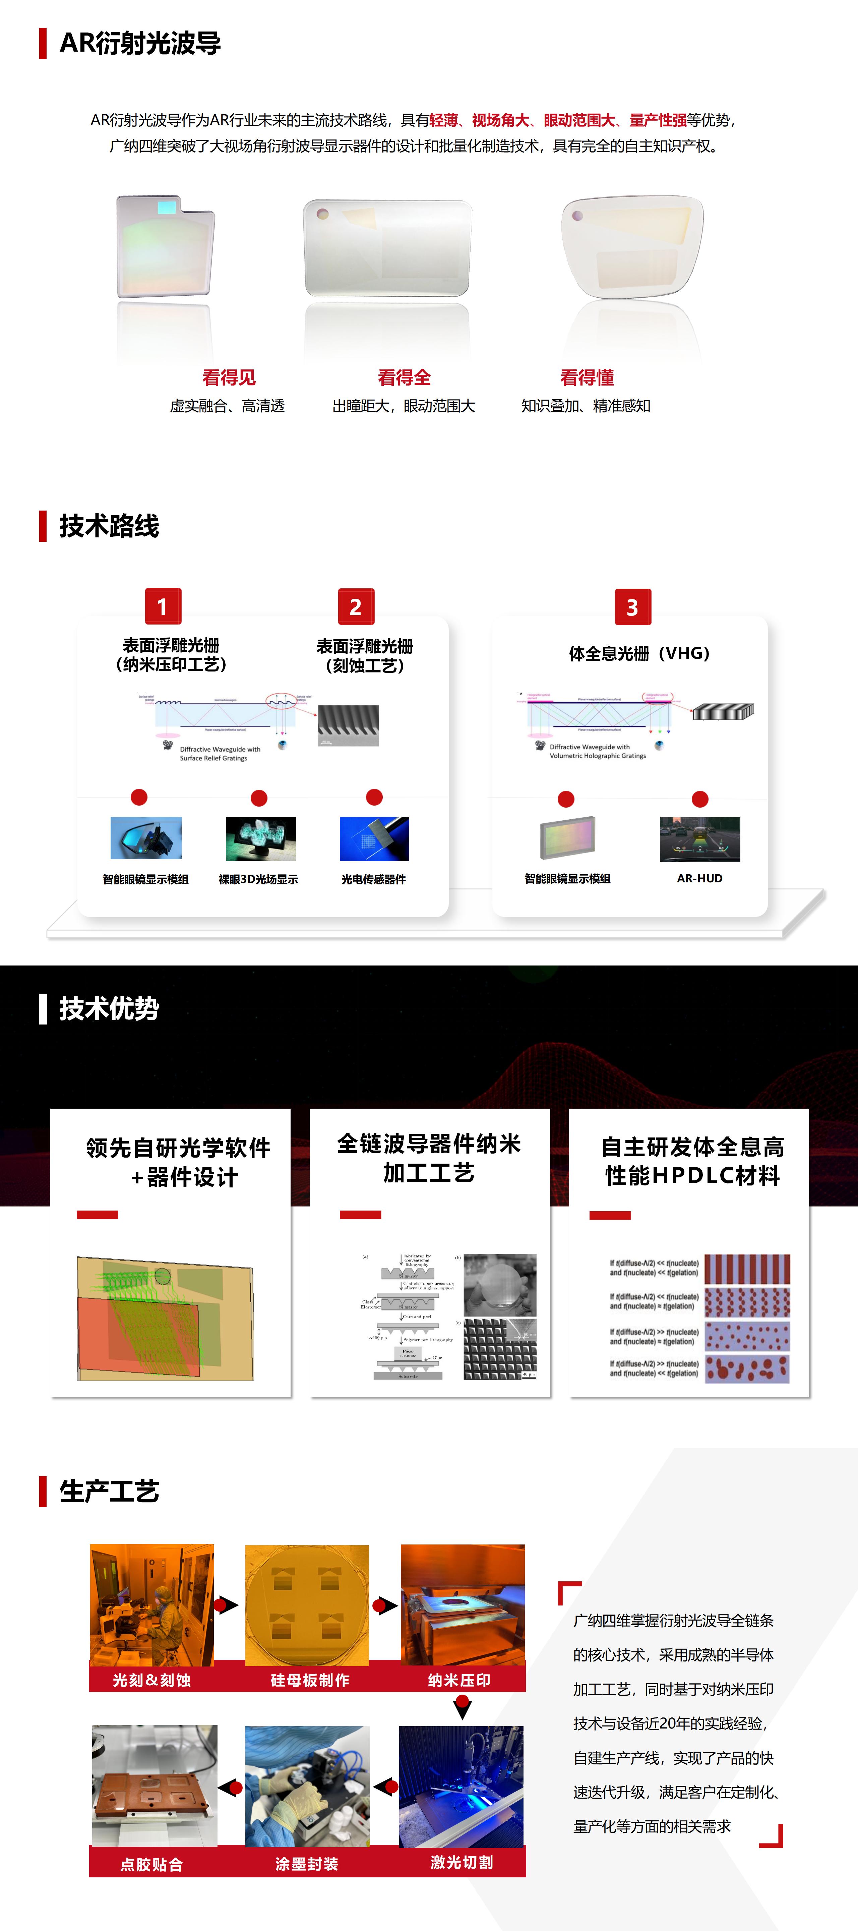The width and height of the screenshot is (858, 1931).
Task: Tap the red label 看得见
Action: pyautogui.click(x=229, y=377)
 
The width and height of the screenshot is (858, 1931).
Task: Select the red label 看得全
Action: pyautogui.click(x=404, y=377)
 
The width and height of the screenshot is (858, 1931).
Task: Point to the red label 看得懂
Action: pyautogui.click(x=587, y=377)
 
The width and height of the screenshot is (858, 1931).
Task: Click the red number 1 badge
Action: pyautogui.click(x=163, y=606)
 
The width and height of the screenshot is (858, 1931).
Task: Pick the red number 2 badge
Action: pyautogui.click(x=356, y=606)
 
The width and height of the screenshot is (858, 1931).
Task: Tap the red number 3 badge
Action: pyautogui.click(x=632, y=607)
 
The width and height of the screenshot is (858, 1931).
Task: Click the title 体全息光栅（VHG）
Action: pyautogui.click(x=638, y=653)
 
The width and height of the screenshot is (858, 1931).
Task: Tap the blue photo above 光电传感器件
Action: pyautogui.click(x=374, y=839)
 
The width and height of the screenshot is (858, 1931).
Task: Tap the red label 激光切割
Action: pyautogui.click(x=462, y=1862)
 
